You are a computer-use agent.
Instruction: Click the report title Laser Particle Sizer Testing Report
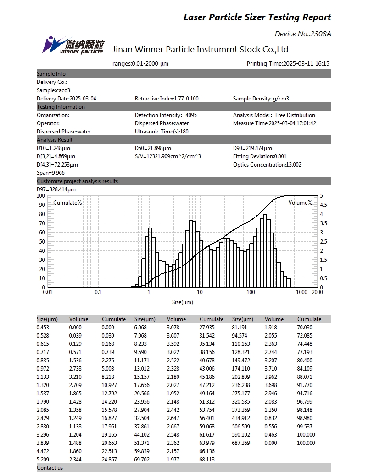(257, 17)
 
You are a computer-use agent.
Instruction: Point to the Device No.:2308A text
(303, 34)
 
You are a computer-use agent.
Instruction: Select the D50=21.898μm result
(153, 148)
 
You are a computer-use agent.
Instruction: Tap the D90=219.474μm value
(252, 148)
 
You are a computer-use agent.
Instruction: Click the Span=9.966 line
(50, 173)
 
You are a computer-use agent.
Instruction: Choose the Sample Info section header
(51, 74)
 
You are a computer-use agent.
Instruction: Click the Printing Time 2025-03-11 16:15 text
(288, 64)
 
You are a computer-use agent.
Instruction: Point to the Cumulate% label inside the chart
(67, 203)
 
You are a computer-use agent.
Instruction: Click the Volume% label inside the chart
(300, 203)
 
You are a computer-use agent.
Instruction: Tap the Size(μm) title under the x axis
(183, 302)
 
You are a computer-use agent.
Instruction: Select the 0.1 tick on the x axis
(98, 292)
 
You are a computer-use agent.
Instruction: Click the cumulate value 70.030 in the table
(306, 328)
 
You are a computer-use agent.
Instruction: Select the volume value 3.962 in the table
(271, 377)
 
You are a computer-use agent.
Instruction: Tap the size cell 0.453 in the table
(43, 328)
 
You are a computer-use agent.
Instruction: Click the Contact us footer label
(50, 468)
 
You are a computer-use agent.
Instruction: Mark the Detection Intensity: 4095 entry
(166, 115)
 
